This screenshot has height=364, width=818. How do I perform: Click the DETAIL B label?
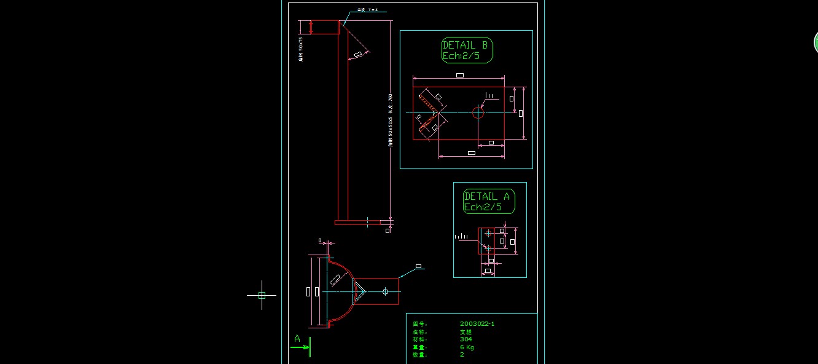coord(466,45)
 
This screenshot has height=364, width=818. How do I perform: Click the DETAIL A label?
coord(487,197)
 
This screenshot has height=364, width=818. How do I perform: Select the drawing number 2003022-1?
coord(477,323)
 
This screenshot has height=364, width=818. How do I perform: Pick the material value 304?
coord(465,339)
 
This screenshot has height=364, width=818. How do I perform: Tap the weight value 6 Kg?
coord(467,347)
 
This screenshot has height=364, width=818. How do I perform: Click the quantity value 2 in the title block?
coord(462,354)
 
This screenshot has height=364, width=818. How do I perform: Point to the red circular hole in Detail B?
coord(478,112)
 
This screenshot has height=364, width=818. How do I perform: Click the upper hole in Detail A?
coord(488,233)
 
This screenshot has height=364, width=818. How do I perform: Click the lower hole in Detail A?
coord(487,248)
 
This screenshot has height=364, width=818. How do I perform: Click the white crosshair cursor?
coord(262,295)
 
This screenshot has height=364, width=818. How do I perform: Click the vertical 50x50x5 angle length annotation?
coord(390,120)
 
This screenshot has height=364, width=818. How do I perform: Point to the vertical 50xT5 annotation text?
coord(301,49)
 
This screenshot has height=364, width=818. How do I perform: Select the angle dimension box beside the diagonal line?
coord(358,55)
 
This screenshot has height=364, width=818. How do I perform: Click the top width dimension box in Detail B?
coord(460,75)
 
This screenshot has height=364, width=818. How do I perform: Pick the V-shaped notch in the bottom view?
coord(360,291)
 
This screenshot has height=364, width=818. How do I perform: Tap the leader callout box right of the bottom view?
coord(418,267)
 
